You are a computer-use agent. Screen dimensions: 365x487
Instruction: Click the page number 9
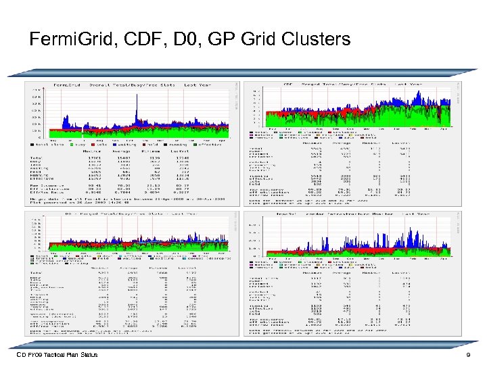coord(467,355)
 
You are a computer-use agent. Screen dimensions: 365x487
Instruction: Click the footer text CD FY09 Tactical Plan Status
coord(57,355)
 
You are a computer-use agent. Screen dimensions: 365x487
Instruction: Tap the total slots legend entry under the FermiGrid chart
coord(45,144)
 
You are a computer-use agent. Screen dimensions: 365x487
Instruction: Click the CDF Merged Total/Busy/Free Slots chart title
coord(352,85)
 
